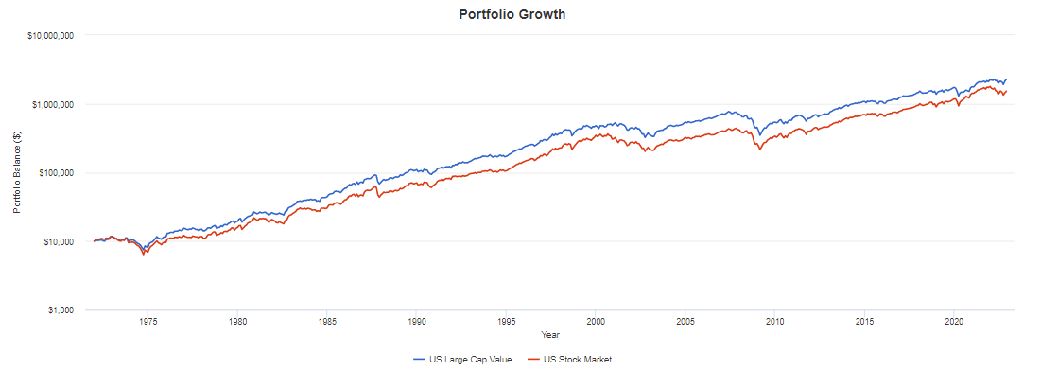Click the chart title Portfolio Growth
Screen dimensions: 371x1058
click(x=525, y=14)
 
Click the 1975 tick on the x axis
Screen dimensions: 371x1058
click(x=147, y=322)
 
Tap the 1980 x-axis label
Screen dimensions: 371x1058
click(x=237, y=322)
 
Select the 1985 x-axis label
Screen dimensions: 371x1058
click(x=327, y=322)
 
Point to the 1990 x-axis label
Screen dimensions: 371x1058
click(x=417, y=322)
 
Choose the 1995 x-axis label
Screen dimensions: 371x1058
click(x=507, y=322)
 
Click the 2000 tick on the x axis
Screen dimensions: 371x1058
click(x=596, y=322)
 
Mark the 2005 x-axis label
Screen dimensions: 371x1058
click(x=685, y=322)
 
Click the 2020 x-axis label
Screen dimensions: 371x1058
click(x=954, y=322)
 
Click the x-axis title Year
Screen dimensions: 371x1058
click(x=548, y=334)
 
